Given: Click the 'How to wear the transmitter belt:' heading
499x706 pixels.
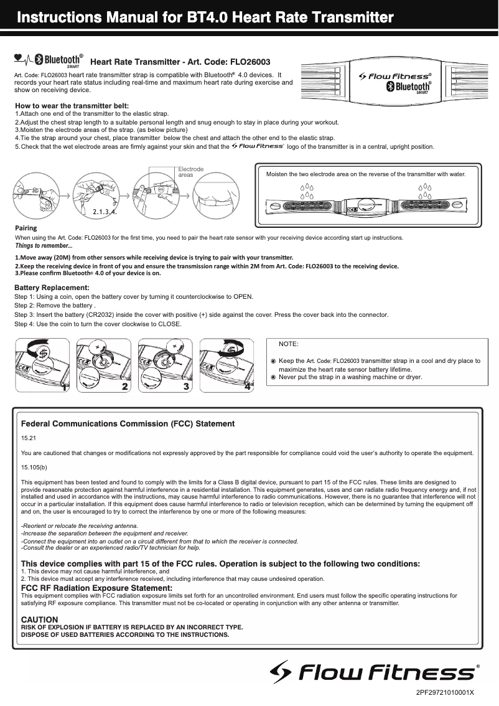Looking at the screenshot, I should point(72,106).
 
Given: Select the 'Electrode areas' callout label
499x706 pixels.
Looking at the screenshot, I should point(187,172).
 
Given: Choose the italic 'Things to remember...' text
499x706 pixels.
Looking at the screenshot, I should point(44,245).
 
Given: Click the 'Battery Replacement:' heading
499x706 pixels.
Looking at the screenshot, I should point(52,288).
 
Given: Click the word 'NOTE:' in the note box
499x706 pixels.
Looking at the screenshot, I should point(288,344).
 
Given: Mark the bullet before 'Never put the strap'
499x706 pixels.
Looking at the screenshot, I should point(273,377).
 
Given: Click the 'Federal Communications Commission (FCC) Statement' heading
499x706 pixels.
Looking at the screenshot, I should point(128,424).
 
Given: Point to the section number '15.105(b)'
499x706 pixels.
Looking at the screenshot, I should point(34,467).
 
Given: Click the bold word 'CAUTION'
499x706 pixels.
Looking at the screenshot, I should point(40,620).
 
